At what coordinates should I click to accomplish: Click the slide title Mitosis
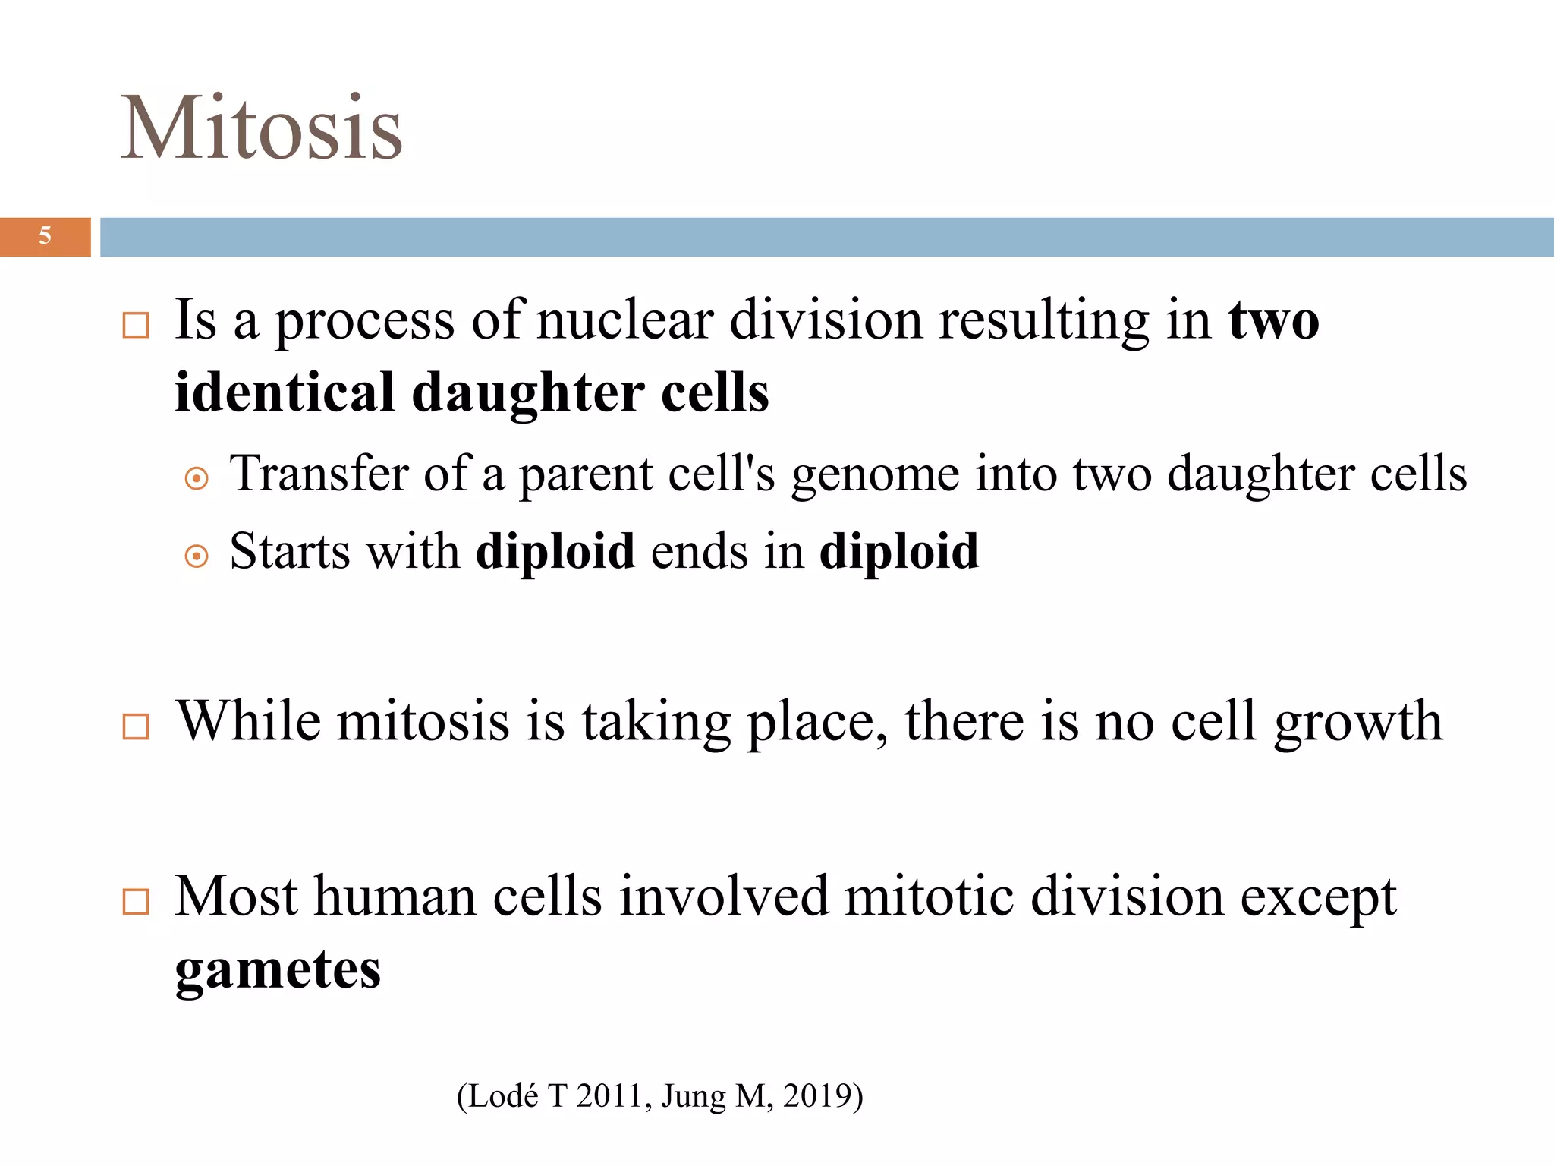[x=262, y=128]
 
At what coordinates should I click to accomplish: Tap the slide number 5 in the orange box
[x=46, y=236]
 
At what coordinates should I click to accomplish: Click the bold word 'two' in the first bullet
[x=1274, y=321]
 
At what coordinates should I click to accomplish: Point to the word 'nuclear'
[x=625, y=321]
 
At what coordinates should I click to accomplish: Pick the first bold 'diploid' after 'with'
[x=555, y=551]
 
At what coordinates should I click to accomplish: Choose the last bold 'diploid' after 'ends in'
[x=899, y=551]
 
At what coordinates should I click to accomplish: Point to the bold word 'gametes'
[x=278, y=971]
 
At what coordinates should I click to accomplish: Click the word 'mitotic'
[x=929, y=897]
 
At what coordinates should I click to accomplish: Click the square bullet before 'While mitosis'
[x=136, y=726]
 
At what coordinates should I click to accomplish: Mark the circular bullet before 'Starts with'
[x=197, y=556]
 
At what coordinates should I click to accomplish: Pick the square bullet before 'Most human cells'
[x=136, y=902]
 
